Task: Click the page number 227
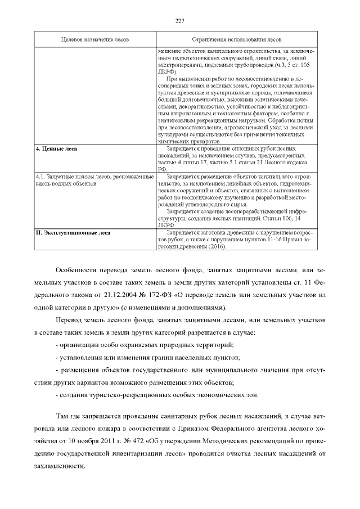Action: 180,21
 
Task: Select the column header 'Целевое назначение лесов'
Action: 95,40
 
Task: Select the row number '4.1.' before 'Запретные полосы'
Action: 41,177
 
